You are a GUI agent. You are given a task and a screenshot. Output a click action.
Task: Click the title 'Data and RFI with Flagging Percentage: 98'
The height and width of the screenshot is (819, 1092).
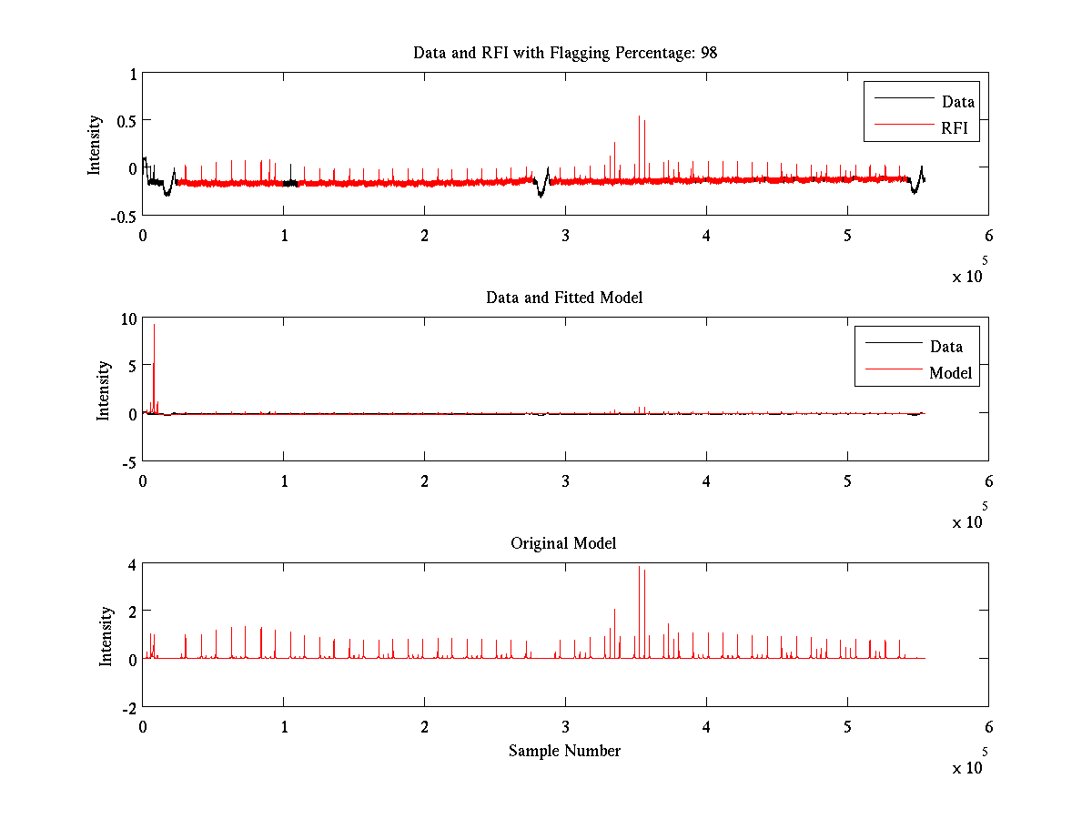coord(565,53)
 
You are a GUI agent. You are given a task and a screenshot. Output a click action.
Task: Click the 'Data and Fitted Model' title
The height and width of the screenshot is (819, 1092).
coord(564,298)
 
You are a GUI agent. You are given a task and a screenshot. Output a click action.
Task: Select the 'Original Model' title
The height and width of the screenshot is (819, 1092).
coord(563,543)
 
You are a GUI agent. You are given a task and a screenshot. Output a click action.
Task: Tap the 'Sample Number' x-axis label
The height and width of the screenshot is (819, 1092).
coord(564,751)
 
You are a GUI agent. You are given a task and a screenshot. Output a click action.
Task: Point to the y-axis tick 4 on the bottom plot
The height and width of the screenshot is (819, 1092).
coord(131,564)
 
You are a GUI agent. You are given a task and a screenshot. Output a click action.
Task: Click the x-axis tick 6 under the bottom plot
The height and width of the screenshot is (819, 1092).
coord(988,727)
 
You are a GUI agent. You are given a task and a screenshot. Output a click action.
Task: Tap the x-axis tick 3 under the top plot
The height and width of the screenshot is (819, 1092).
coord(565,236)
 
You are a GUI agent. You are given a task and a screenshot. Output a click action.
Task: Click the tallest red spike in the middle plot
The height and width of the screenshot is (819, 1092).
coord(154,326)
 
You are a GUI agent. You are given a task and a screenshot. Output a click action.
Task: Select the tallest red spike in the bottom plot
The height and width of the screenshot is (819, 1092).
coord(639,568)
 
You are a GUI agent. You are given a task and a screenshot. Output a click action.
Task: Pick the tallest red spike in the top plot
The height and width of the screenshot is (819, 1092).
coord(639,116)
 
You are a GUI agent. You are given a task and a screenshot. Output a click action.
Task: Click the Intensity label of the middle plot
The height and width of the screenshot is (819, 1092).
coord(105,389)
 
